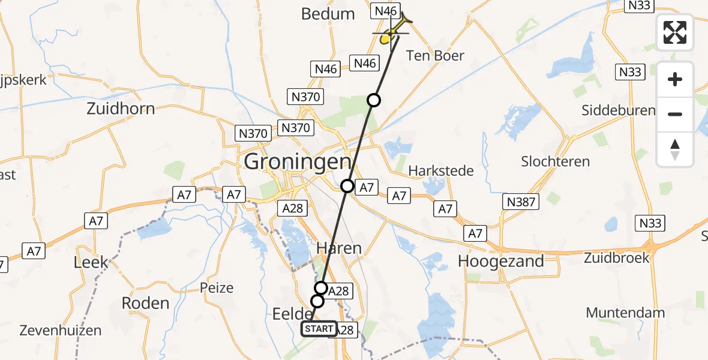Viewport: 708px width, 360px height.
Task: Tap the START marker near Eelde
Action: click(319, 329)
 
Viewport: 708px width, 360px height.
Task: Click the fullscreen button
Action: click(675, 32)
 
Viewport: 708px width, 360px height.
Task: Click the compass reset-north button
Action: click(675, 149)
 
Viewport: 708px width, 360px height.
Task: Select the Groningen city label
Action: click(297, 162)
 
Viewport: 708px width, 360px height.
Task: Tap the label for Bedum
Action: click(328, 14)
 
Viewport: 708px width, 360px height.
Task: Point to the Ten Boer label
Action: click(436, 56)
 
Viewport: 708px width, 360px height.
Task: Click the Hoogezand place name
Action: click(501, 261)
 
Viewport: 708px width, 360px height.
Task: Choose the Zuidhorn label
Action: click(121, 109)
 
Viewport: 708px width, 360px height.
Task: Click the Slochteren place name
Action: click(556, 161)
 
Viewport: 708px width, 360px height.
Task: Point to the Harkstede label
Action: click(441, 171)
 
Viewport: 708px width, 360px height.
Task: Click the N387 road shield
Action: click(521, 202)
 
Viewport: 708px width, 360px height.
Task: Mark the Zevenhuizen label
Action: click(60, 330)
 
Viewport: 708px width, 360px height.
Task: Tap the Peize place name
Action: click(217, 287)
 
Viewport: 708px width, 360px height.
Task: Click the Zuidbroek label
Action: click(618, 258)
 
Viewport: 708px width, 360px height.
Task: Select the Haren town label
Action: click(340, 248)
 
